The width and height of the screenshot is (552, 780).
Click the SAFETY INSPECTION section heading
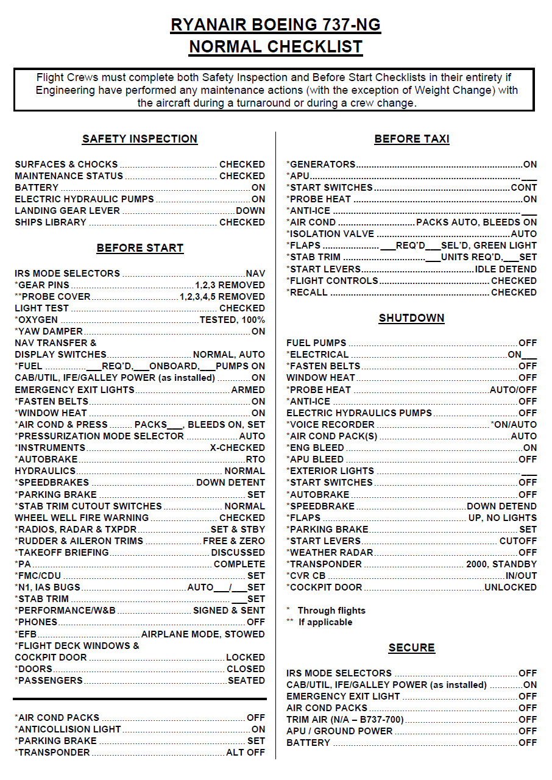(x=140, y=139)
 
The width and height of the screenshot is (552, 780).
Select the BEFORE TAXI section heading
(x=412, y=139)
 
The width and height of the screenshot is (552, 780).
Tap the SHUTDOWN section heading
(x=412, y=318)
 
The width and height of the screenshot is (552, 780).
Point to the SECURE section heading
(x=412, y=648)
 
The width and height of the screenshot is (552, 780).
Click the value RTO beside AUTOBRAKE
(x=255, y=459)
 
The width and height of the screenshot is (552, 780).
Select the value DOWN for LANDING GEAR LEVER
(x=250, y=211)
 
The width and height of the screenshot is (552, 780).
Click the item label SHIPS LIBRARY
(x=51, y=222)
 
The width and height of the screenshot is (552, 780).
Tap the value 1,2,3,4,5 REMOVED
(x=222, y=297)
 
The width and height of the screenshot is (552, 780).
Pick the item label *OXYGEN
(x=37, y=320)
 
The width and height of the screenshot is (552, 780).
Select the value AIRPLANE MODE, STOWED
(x=203, y=634)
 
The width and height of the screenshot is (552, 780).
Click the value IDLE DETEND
(x=506, y=269)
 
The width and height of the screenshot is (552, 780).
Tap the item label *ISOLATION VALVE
(x=330, y=234)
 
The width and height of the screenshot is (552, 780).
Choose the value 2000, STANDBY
(x=501, y=564)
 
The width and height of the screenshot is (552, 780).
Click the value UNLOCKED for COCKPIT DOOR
(x=511, y=587)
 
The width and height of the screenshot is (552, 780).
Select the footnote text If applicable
(x=325, y=622)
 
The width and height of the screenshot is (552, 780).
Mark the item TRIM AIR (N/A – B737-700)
(x=345, y=720)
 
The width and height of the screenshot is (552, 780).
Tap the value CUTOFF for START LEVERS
(x=518, y=541)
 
